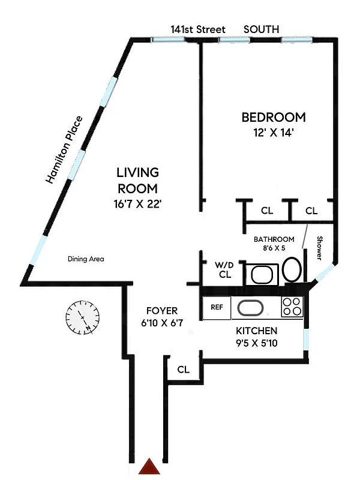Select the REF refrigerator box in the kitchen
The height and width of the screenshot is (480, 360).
click(x=217, y=308)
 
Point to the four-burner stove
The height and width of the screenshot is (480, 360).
click(x=292, y=307)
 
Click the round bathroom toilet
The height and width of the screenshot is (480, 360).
click(x=292, y=270)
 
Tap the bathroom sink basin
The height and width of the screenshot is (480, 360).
click(x=262, y=274)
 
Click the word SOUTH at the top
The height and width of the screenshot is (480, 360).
click(x=261, y=29)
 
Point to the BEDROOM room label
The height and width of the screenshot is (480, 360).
click(x=273, y=117)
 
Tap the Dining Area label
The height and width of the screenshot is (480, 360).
click(x=85, y=259)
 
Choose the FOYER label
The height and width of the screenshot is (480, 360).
click(x=162, y=311)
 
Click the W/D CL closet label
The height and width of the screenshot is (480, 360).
click(x=225, y=269)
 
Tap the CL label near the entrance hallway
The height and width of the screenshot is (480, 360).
click(x=183, y=370)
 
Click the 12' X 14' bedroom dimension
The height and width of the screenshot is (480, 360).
click(x=273, y=133)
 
